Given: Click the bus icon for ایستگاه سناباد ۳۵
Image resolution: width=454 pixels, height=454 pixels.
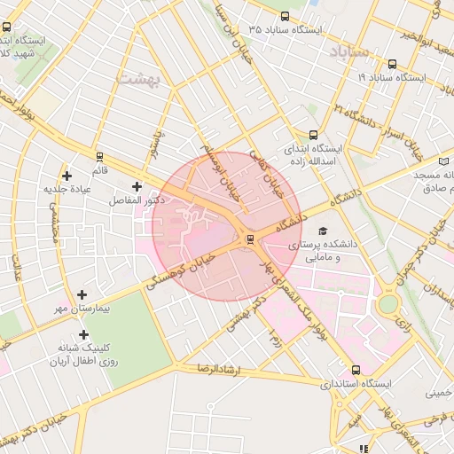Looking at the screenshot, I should pyautogui.click(x=285, y=16).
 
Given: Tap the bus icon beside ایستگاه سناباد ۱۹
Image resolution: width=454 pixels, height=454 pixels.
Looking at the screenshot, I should pyautogui.click(x=393, y=64).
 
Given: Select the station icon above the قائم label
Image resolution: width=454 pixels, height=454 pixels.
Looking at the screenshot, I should pyautogui.click(x=99, y=157).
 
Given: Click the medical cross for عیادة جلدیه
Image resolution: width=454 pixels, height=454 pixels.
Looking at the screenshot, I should pyautogui.click(x=67, y=176).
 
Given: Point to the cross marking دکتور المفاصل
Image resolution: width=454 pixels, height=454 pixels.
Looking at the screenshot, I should pyautogui.click(x=137, y=186).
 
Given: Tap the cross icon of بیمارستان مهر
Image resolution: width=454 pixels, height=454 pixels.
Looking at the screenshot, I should pyautogui.click(x=82, y=294).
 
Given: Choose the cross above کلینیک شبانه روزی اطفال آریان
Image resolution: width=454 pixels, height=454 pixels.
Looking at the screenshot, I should pyautogui.click(x=84, y=335).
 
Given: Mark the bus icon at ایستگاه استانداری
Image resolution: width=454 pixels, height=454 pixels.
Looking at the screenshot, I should pyautogui.click(x=356, y=370).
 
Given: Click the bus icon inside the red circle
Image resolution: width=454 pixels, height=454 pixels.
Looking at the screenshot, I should pyautogui.click(x=249, y=239).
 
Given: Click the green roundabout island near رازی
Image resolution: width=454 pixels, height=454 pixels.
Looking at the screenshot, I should pyautogui.click(x=388, y=304).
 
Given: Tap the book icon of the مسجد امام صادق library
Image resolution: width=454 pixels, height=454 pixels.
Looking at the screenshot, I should pyautogui.click(x=444, y=160).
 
